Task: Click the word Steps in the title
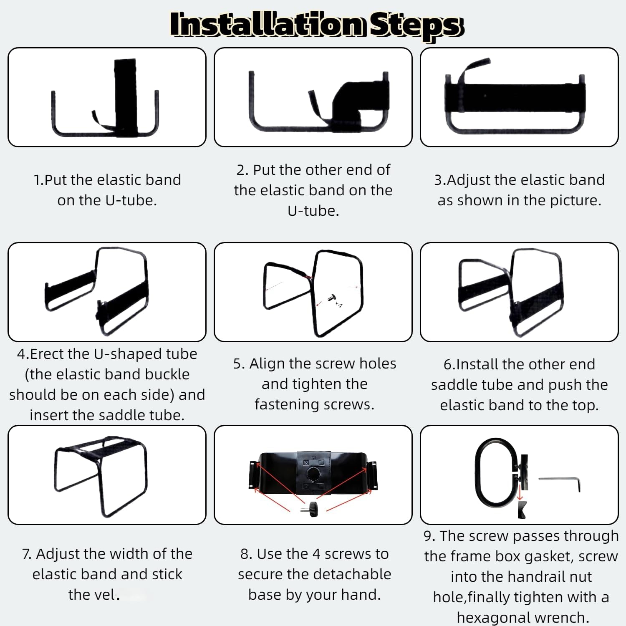point(417,26)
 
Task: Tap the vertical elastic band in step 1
point(126,97)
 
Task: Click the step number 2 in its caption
point(241,170)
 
